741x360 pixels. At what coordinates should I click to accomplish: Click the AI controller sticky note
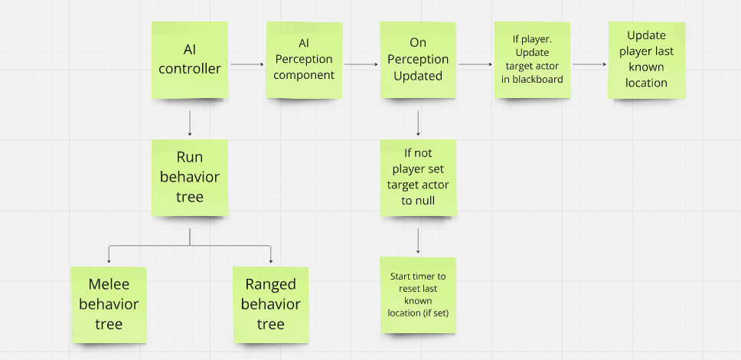[x=189, y=60]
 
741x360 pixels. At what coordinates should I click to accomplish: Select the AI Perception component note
[x=304, y=60]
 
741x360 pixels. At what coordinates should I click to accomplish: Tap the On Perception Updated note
[x=418, y=60]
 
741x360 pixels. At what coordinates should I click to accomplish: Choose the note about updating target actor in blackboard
[x=532, y=60]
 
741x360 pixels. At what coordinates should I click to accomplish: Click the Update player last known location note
[x=646, y=60]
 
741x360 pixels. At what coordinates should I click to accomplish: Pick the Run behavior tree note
[x=189, y=177]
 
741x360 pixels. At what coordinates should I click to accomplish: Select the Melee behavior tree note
[x=108, y=304]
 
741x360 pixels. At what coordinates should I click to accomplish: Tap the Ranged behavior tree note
[x=270, y=304]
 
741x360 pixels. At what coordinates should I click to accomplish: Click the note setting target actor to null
[x=418, y=177]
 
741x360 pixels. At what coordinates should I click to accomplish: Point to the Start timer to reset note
[x=418, y=295]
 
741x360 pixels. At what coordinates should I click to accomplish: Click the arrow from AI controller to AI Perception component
[x=246, y=65]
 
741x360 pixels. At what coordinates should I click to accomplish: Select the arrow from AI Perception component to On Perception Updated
[x=361, y=65]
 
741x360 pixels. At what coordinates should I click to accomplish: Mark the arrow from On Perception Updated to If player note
[x=475, y=65]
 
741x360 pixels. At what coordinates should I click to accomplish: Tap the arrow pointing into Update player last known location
[x=589, y=65]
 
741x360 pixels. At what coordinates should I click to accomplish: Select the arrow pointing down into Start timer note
[x=418, y=241]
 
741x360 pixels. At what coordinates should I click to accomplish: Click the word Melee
[x=108, y=285]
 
